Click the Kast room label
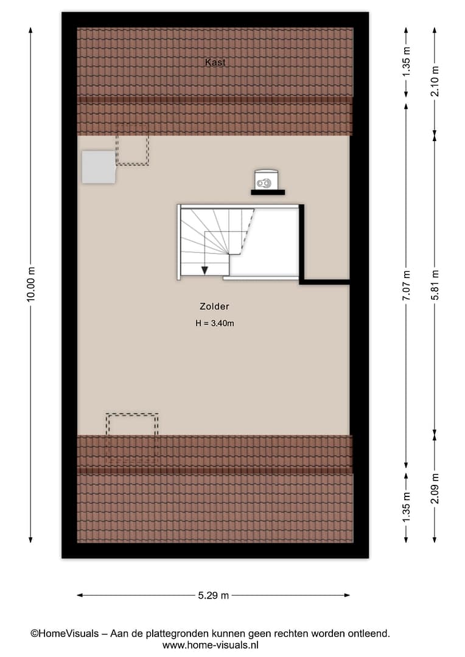click(x=215, y=63)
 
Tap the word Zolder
click(x=214, y=306)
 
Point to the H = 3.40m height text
click(x=215, y=323)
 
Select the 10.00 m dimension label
click(x=30, y=283)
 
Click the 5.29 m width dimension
click(x=214, y=595)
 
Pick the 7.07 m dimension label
click(x=406, y=285)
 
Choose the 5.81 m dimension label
click(x=435, y=285)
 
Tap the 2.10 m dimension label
click(x=435, y=82)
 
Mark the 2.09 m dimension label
click(x=435, y=488)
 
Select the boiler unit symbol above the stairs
click(x=266, y=179)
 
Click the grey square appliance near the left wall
click(x=99, y=167)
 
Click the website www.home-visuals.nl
click(x=210, y=645)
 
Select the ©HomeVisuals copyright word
click(x=65, y=633)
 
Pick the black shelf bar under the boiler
click(x=268, y=192)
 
